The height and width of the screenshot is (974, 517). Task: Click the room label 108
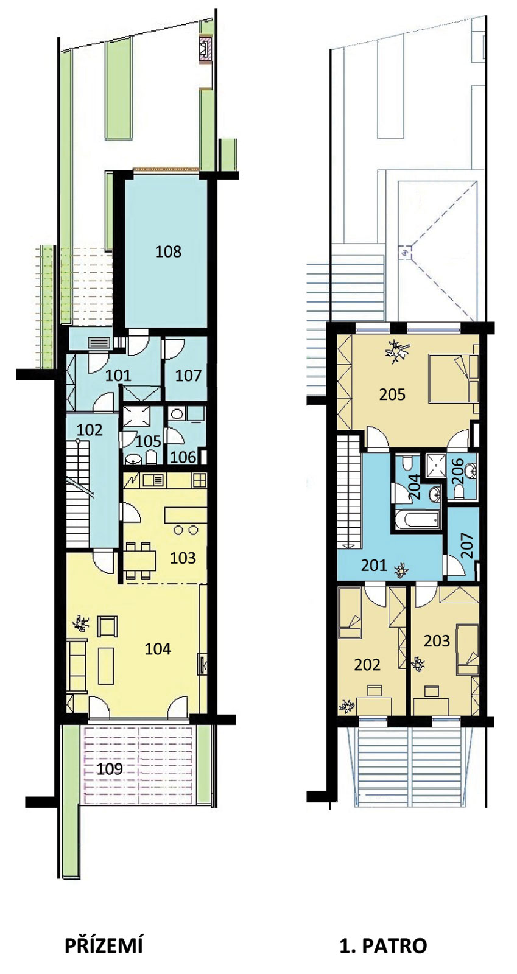168,251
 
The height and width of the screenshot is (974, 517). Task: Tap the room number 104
158,649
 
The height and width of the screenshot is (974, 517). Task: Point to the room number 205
392,394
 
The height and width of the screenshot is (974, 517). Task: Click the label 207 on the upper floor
466,545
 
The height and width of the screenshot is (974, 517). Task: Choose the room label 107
188,375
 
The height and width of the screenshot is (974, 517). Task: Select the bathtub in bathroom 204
417,520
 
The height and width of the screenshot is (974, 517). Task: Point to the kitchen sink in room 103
152,480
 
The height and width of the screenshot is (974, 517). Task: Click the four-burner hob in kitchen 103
200,480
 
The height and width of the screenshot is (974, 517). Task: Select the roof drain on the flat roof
406,251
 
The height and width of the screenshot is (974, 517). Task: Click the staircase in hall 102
79,494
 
